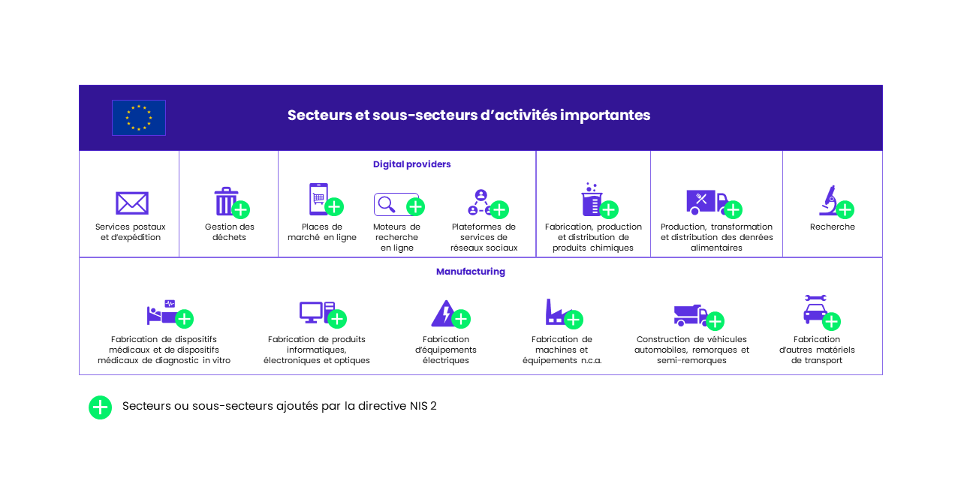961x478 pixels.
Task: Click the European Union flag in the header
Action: tap(139, 118)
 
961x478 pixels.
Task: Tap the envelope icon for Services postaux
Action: tap(132, 203)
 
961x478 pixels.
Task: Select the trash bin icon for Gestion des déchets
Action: tap(226, 201)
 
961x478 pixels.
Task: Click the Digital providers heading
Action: tap(412, 164)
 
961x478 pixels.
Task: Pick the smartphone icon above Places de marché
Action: tap(318, 199)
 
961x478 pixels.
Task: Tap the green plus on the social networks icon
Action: tap(499, 209)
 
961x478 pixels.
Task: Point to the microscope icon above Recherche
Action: tap(829, 200)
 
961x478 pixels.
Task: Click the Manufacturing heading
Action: tap(471, 272)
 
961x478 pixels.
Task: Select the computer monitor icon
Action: tap(311, 312)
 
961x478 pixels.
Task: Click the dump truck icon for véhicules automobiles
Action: tap(690, 315)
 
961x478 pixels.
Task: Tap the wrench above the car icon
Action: tap(815, 298)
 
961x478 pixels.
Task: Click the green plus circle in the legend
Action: tap(101, 407)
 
